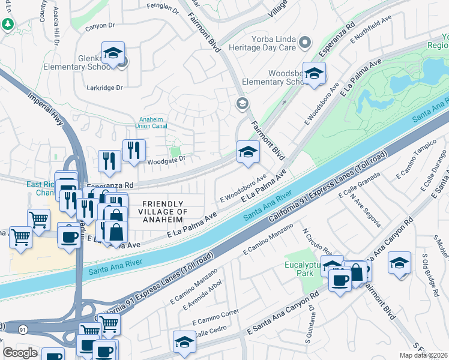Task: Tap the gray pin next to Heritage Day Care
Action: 305,42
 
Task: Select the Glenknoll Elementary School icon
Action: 112,53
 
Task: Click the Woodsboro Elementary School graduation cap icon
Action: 313,74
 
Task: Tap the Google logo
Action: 20,352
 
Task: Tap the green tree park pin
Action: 8,25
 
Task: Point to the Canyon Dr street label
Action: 100,26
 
